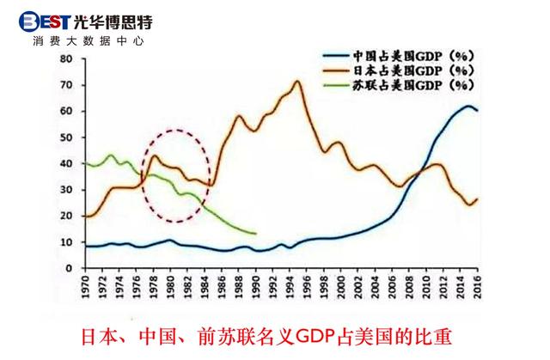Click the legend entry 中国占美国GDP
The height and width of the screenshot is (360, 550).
point(412,53)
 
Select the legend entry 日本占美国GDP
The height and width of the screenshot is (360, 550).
point(412,70)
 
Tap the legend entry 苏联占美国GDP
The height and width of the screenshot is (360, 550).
point(412,85)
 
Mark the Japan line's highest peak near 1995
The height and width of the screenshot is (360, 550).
point(297,82)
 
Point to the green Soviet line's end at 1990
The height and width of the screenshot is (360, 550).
point(255,234)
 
